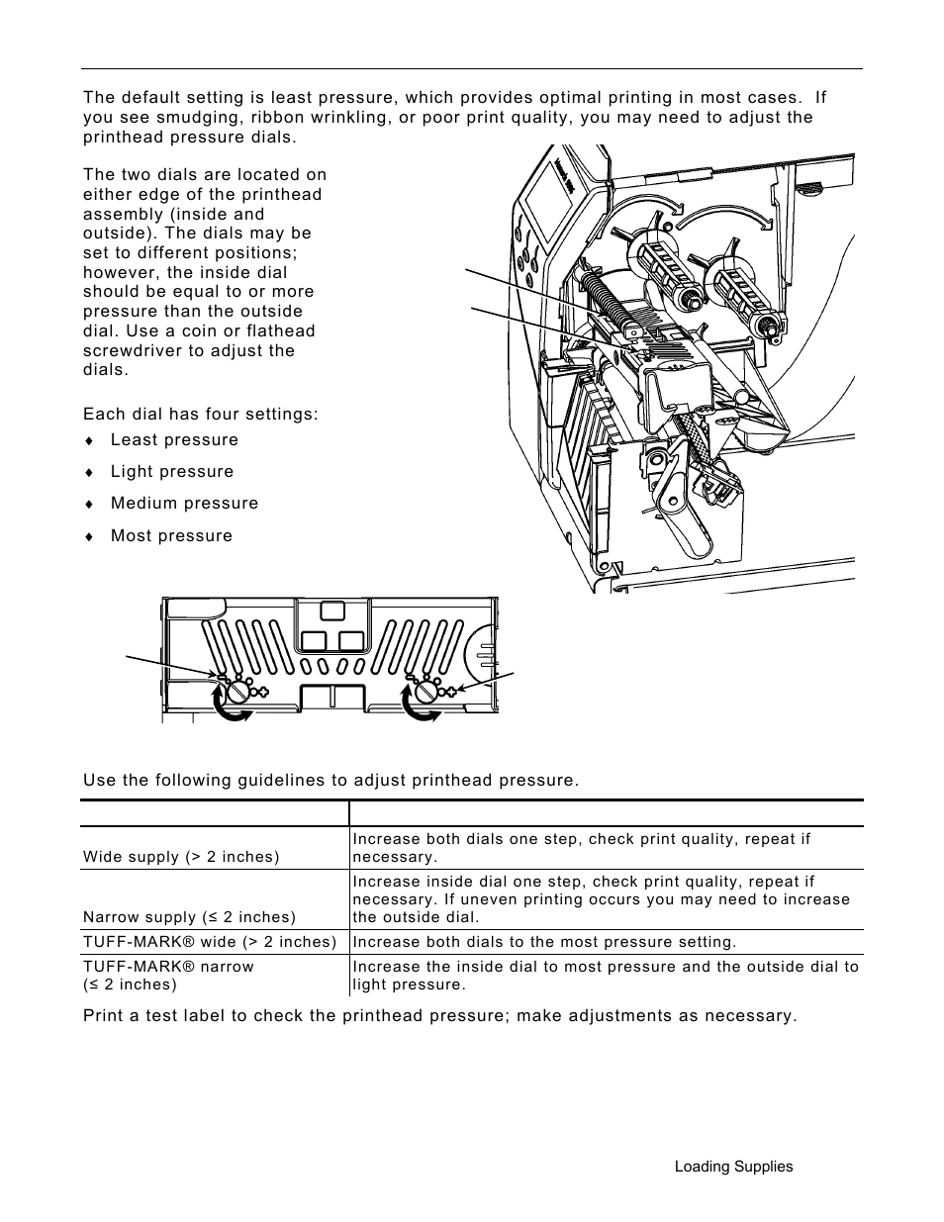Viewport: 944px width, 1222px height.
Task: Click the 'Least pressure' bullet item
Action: click(174, 440)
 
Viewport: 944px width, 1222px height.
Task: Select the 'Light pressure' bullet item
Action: click(172, 472)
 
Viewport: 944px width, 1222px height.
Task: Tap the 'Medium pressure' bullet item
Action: click(184, 504)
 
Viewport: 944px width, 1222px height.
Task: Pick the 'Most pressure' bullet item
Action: click(171, 536)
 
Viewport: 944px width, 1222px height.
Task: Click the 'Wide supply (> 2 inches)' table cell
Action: click(181, 857)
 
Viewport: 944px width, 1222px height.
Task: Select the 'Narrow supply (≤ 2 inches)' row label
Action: click(189, 917)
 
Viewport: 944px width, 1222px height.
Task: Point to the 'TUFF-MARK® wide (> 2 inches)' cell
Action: click(210, 942)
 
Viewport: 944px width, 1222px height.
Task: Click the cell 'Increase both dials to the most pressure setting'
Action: click(544, 942)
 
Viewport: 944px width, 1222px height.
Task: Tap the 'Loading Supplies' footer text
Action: click(733, 1167)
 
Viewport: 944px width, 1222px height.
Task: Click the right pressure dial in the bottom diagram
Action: click(426, 692)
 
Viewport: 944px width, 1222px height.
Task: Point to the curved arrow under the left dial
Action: click(233, 708)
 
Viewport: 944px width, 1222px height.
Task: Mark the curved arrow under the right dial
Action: click(422, 708)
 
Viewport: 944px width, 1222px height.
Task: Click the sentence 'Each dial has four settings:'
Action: click(201, 414)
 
